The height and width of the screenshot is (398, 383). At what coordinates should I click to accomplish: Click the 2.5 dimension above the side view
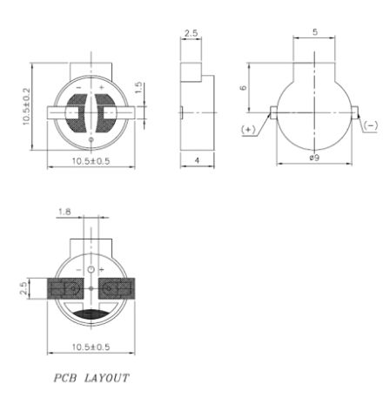(191, 33)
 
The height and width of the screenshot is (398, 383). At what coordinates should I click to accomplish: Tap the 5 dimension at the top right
(315, 32)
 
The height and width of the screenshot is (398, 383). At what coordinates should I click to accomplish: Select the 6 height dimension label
(244, 87)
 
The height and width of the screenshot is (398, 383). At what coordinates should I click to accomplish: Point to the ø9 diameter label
(314, 158)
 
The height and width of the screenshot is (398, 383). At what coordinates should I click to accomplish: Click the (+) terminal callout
(247, 130)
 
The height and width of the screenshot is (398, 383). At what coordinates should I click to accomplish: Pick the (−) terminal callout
(371, 125)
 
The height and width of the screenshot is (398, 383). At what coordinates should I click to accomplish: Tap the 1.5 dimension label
(138, 88)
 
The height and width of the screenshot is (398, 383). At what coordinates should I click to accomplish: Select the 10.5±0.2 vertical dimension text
(26, 107)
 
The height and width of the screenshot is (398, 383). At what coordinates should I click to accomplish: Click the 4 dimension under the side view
(197, 160)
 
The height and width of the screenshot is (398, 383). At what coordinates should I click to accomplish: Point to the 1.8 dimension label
(64, 212)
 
